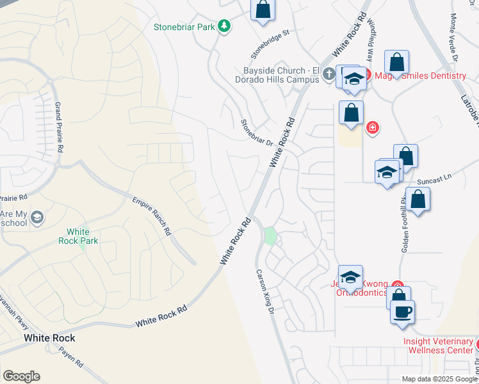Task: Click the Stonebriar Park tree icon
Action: coord(223,26)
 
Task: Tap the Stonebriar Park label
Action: coord(184,27)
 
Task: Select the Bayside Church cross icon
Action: coord(329,74)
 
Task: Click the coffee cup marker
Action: coord(402,313)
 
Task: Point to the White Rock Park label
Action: coord(83,236)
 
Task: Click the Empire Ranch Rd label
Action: coord(151,215)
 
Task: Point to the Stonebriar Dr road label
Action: coord(257,134)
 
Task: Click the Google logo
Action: coord(21,376)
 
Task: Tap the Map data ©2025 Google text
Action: coord(439,379)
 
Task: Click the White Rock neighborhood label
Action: coord(49,338)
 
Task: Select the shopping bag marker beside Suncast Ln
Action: coord(418,200)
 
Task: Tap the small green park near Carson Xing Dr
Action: coord(270,236)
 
